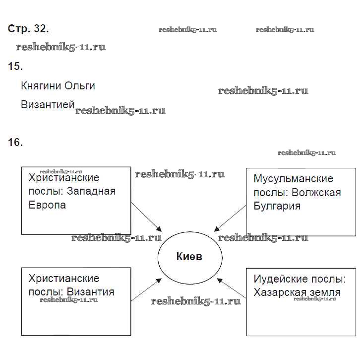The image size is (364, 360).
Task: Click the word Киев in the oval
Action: [189, 257]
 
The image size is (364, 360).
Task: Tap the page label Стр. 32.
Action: [28, 29]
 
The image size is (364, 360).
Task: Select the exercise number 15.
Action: [15, 66]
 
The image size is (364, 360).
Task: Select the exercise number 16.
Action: [15, 143]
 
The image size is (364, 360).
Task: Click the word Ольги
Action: [80, 86]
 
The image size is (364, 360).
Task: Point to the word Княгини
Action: [41, 86]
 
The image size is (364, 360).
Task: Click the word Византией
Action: [48, 105]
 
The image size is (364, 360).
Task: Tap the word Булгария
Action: [277, 206]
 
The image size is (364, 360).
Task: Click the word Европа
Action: [47, 205]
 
